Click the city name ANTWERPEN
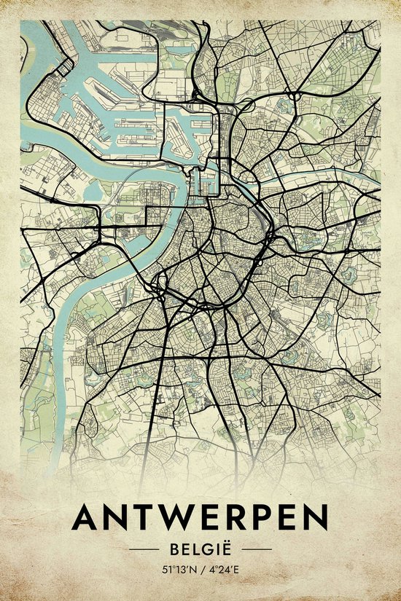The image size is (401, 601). pos(200,518)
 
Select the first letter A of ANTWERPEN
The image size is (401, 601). pos(86,518)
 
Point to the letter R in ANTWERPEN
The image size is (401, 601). pos(237,518)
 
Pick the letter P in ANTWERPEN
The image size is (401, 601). pos(263,518)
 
